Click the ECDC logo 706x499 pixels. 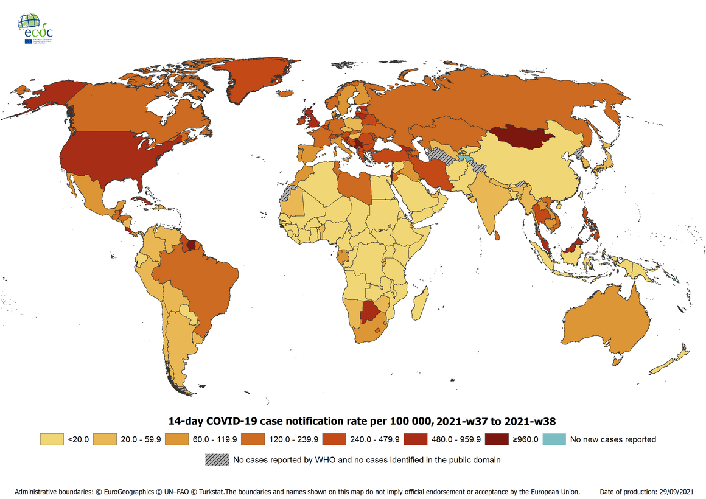(35, 28)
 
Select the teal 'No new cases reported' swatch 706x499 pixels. (554, 439)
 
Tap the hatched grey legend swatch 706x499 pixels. (217, 459)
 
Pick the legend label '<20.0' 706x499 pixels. (79, 439)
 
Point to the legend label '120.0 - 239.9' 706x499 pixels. (298, 439)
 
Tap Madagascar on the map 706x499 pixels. (419, 304)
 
